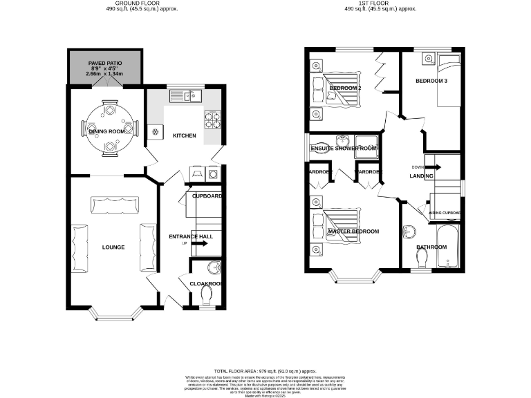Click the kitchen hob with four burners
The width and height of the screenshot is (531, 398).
pos(213,120)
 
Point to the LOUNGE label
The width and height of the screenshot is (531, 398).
pos(113,247)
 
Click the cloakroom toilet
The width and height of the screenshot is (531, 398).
pos(206,295)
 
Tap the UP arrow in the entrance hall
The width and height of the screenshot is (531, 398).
pos(201,243)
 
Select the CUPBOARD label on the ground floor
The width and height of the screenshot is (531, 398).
pos(206,196)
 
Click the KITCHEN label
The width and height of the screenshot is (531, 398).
pos(184,135)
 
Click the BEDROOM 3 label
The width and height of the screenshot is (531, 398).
pos(431,81)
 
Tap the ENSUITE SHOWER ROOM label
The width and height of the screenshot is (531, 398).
pos(344,149)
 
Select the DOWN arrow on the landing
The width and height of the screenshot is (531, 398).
pos(434,167)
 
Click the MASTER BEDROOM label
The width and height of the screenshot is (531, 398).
pos(353,231)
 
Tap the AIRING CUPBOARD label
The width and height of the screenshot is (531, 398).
pos(445,213)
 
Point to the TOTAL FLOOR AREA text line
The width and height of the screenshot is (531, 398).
pos(265,370)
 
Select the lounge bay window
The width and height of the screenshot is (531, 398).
pos(113,316)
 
